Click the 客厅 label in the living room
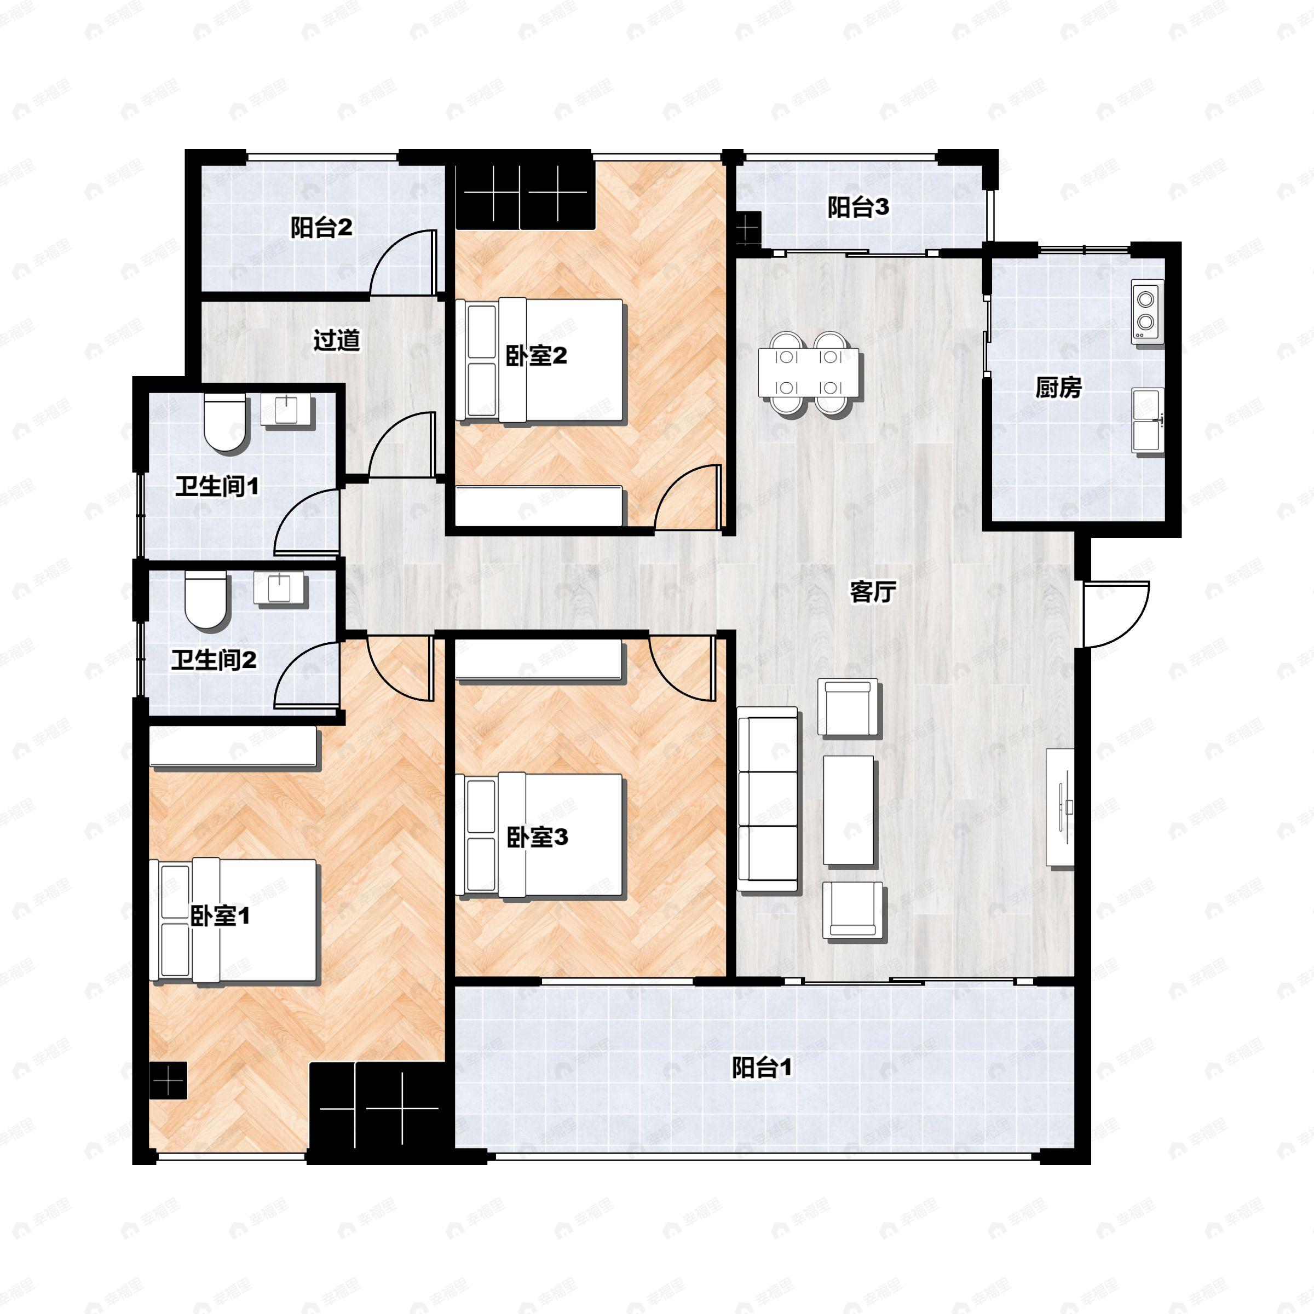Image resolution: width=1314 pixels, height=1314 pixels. [x=873, y=592]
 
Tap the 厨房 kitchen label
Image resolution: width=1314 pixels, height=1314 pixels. [x=1058, y=388]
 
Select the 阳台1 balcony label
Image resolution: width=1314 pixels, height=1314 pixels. [x=762, y=1069]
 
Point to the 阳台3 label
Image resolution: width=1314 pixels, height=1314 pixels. [x=858, y=208]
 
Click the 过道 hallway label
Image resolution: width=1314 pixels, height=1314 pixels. [x=337, y=340]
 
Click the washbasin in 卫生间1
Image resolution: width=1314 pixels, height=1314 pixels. [x=287, y=410]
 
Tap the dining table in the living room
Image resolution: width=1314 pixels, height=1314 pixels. [x=809, y=373]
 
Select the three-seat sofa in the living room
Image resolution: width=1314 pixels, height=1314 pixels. [x=768, y=800]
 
